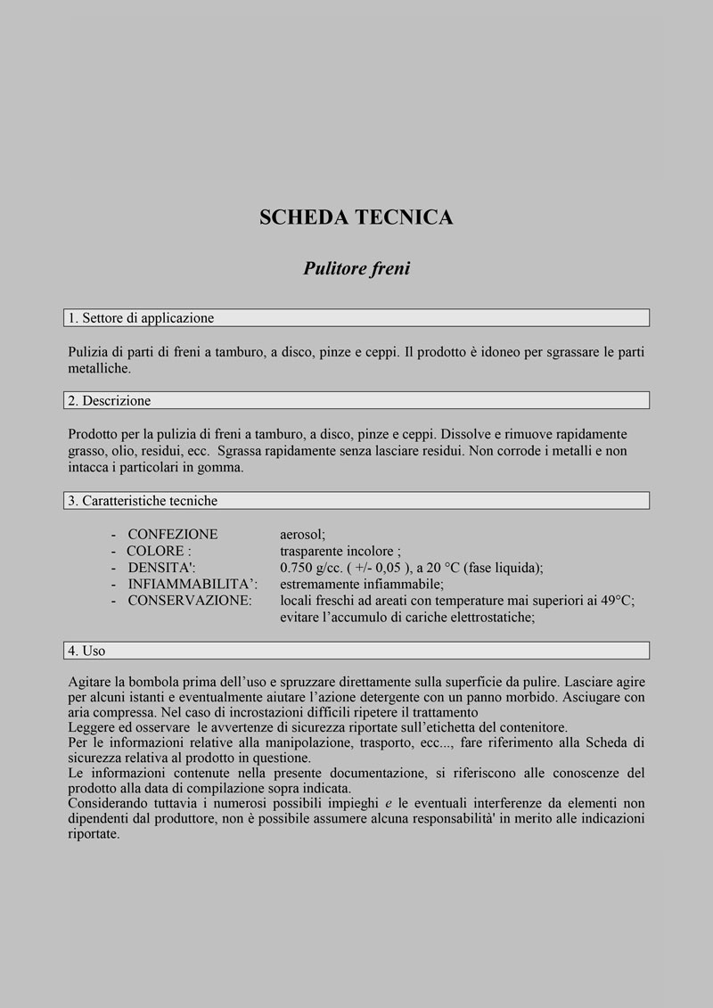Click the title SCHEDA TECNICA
pos(356,217)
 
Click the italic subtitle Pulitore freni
pos(356,268)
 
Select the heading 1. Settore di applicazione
pos(141,318)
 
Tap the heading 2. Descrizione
pos(110,401)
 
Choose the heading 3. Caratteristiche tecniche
pos(143,501)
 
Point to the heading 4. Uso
pos(86,651)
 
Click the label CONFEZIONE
pos(172,535)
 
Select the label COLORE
pos(159,551)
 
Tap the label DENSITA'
pos(161,568)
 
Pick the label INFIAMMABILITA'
pos(193,584)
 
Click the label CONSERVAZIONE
pos(190,601)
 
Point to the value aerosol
pos(303,535)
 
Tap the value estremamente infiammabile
pos(361,584)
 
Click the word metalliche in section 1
pos(99,368)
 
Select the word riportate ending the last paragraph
pos(94,834)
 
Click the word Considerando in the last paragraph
pos(106,803)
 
